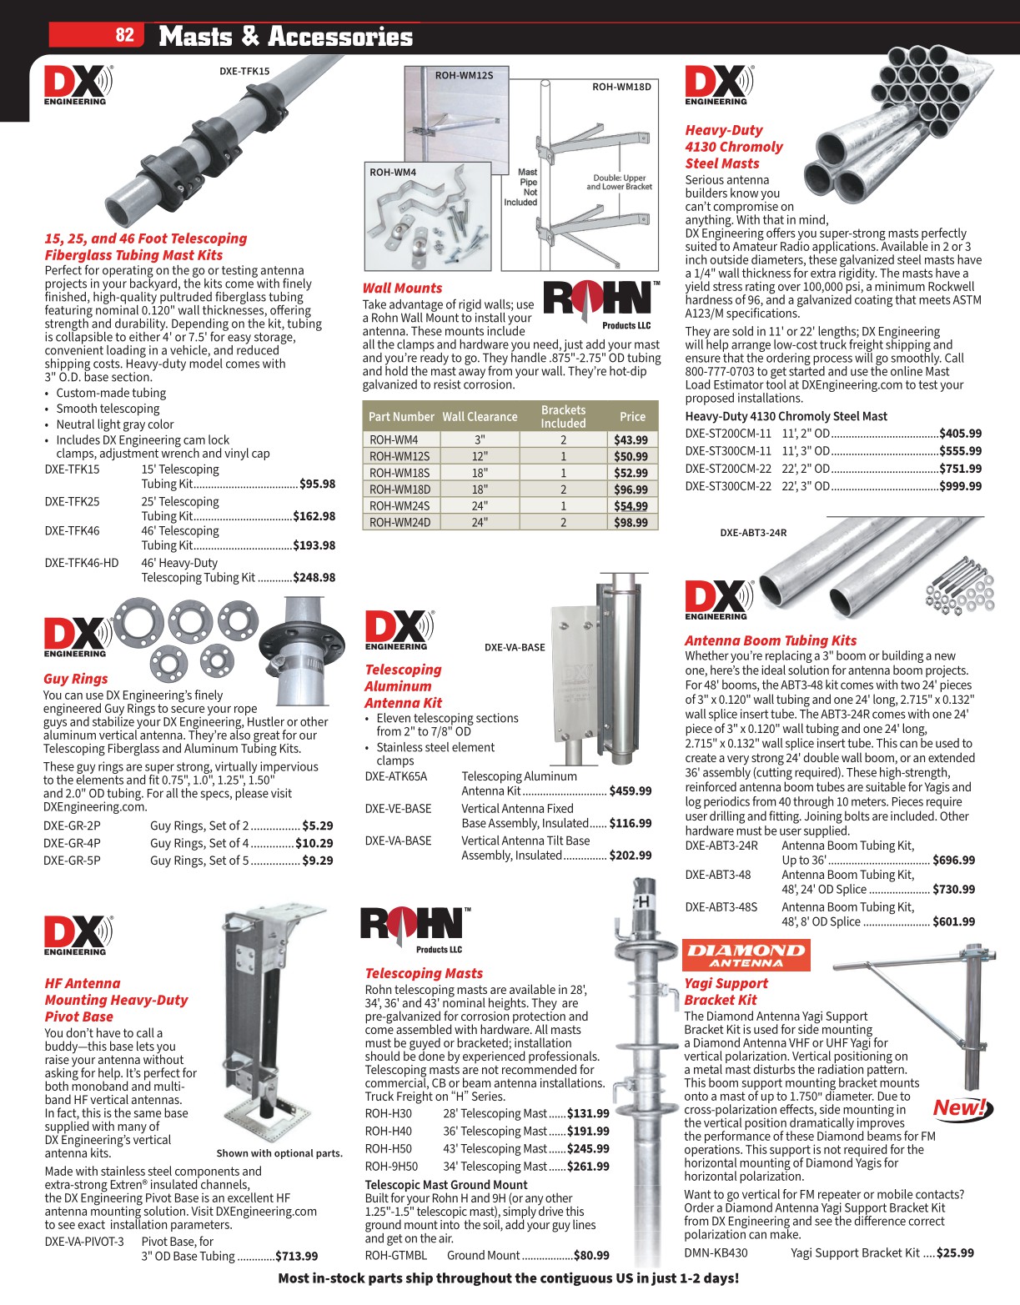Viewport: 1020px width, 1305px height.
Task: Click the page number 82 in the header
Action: [124, 35]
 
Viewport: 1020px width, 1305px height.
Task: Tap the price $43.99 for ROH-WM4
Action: [631, 439]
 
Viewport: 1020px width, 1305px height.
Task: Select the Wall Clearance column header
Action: [480, 417]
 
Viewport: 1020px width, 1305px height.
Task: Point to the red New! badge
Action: [961, 1108]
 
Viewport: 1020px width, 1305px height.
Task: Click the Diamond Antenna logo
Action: [746, 956]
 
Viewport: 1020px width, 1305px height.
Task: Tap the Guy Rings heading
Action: [75, 679]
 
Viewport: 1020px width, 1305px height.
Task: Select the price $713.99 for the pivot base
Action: [297, 1256]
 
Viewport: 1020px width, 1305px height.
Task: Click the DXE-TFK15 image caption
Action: [244, 72]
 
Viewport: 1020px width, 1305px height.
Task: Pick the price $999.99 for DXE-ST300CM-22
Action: [960, 486]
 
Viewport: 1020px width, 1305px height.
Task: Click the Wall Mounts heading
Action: [402, 288]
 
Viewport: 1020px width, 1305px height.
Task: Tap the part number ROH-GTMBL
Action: [395, 1255]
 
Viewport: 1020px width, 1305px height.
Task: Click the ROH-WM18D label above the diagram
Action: [621, 87]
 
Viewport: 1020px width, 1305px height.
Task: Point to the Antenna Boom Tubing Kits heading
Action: [770, 640]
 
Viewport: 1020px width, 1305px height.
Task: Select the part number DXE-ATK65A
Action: [395, 776]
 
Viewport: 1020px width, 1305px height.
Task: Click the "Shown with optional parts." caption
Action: [279, 1153]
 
